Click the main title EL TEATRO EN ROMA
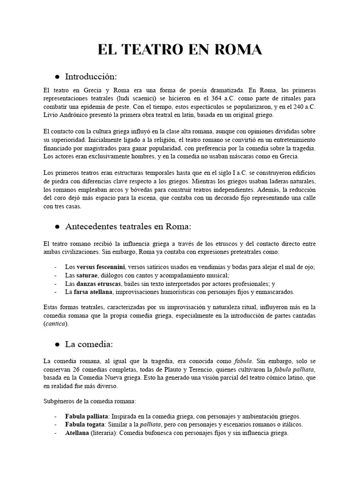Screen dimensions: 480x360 180,50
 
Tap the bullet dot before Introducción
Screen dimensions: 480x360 57,76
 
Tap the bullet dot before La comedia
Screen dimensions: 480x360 57,345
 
